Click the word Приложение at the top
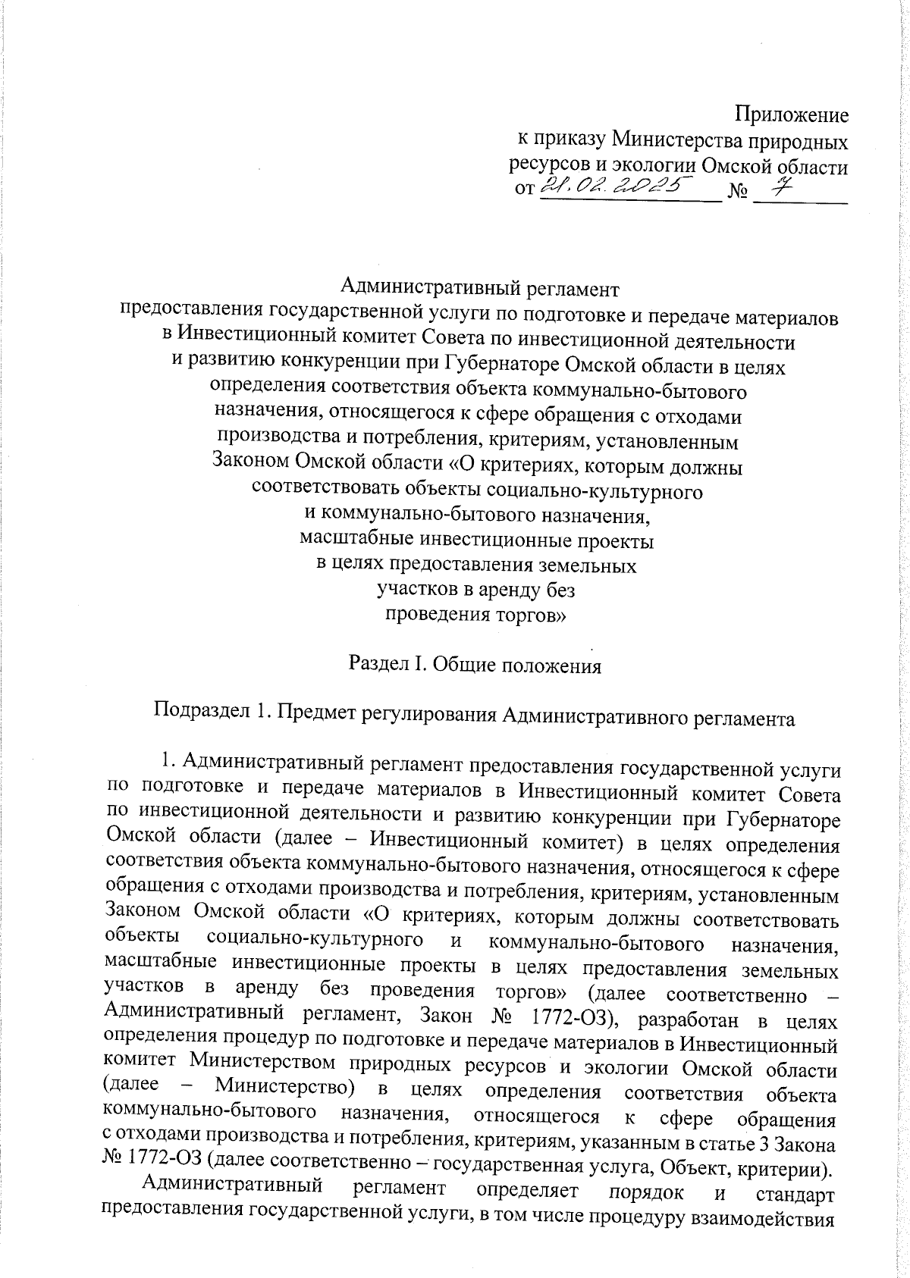point(791,115)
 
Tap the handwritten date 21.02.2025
point(619,183)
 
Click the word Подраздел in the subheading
point(196,713)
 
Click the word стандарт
point(795,1195)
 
